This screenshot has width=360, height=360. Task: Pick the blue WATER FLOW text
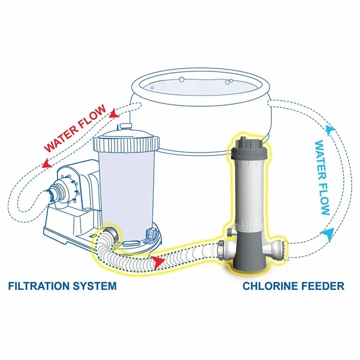322,178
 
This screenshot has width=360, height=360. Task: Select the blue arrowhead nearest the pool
329,128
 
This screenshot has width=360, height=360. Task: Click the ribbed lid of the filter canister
127,142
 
